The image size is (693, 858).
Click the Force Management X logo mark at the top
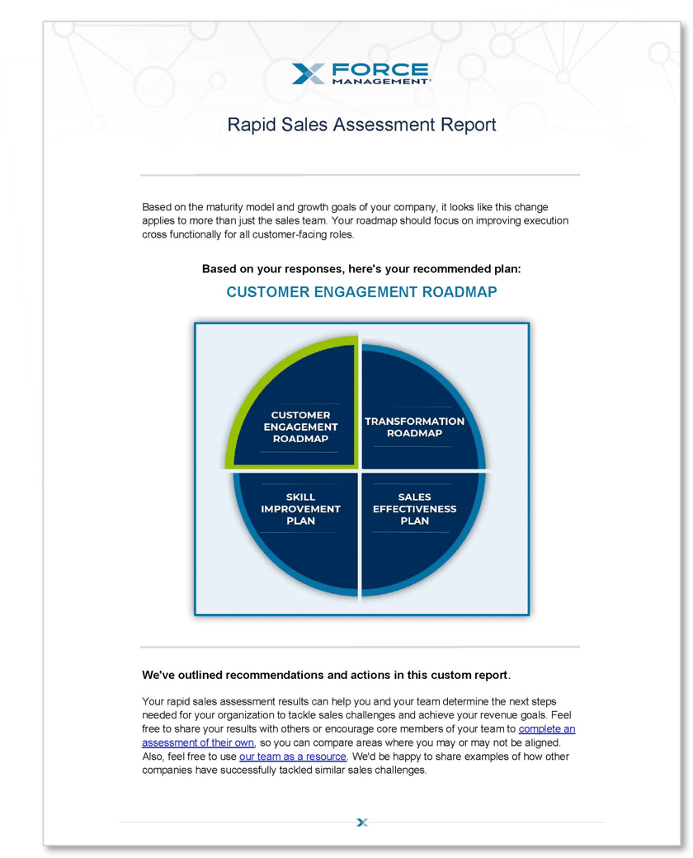coord(309,73)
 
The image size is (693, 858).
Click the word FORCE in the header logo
coord(379,69)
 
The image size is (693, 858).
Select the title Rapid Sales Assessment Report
coord(361,125)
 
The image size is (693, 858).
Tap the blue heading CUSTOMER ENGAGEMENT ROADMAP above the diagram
coord(361,292)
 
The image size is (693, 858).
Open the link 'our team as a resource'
coord(293,757)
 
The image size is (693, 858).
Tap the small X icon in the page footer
coord(361,822)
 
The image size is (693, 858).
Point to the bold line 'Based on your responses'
coord(361,269)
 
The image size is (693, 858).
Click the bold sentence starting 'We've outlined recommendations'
coord(327,675)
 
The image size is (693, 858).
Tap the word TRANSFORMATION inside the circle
coord(415,422)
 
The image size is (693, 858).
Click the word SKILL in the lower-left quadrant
coord(301,497)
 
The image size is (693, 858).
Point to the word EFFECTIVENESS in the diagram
coord(415,509)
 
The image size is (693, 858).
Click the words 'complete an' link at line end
coord(547,729)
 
